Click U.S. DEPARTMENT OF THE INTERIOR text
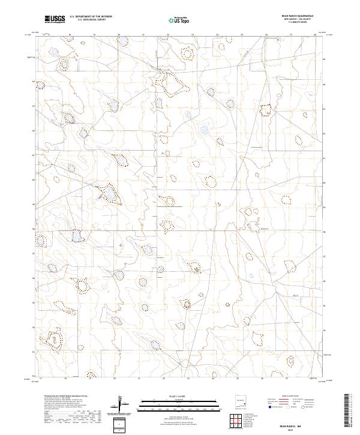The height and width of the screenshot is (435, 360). (x=91, y=17)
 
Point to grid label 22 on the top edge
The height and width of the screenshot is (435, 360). (x=168, y=35)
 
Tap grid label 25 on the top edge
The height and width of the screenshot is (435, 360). (x=241, y=35)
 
